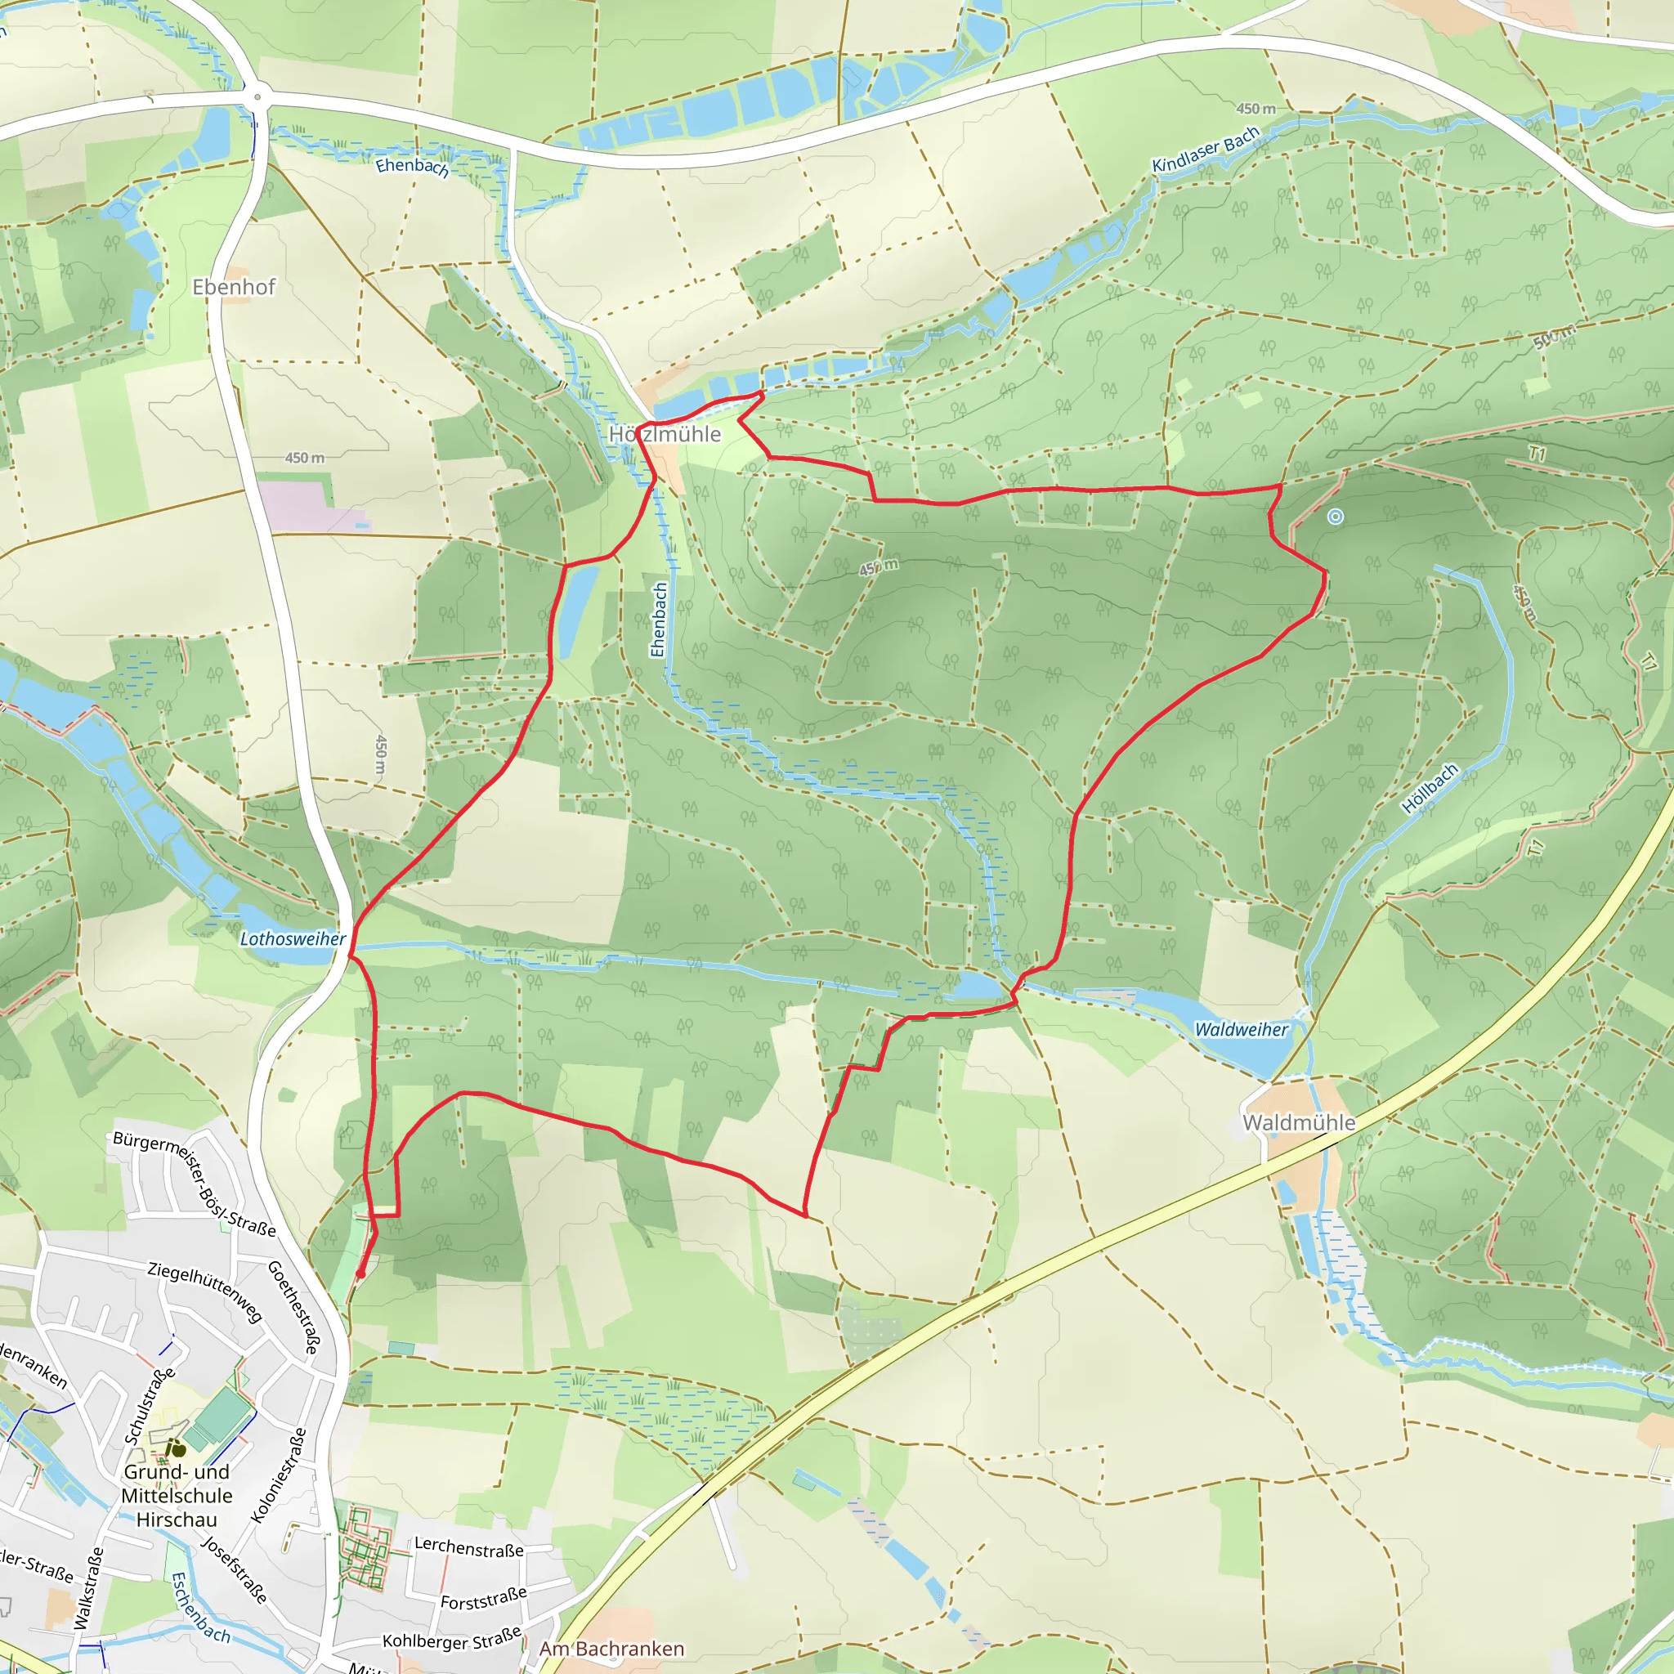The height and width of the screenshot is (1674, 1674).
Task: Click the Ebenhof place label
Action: pos(233,287)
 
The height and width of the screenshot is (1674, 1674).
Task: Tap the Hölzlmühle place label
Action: pos(665,434)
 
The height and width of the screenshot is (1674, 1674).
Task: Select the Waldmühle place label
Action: pos(1298,1123)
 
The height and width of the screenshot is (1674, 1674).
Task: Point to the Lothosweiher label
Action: pos(292,939)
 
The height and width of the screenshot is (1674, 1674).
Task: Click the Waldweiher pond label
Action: pos(1241,1029)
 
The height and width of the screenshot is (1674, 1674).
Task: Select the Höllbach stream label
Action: pos(1430,789)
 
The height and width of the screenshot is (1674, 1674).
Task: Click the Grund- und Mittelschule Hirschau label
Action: pos(177,1496)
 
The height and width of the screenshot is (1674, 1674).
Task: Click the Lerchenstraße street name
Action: pos(468,1547)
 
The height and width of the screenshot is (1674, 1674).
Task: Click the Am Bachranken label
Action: pos(611,1649)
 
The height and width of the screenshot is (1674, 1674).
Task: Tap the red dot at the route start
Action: pos(360,1273)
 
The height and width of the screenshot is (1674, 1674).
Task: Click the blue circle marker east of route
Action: pos(1336,517)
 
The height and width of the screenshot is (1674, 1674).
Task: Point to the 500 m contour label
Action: pos(1555,338)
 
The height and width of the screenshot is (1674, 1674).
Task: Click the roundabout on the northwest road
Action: pos(257,98)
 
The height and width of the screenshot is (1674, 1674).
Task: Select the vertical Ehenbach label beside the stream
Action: pos(659,620)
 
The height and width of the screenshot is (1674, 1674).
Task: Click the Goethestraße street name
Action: pos(293,1309)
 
